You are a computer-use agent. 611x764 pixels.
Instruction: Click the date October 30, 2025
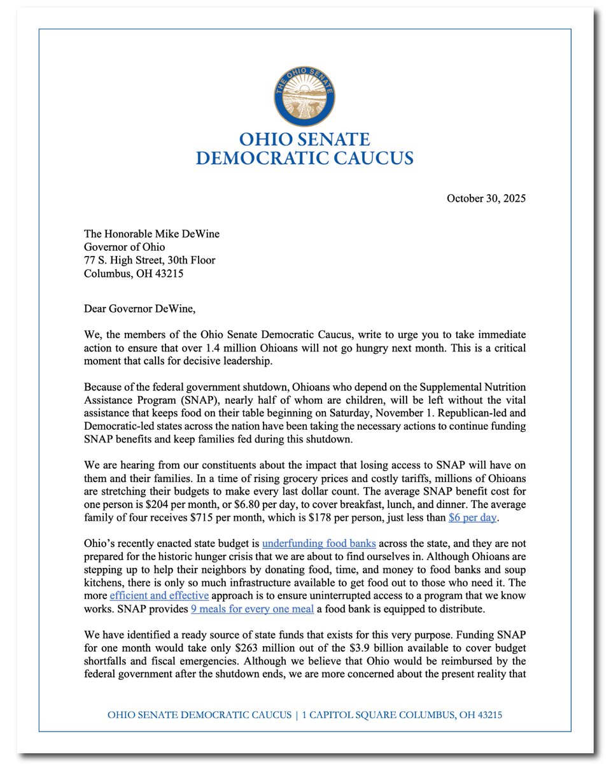pos(486,199)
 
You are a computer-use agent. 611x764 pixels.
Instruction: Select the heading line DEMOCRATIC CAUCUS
pos(304,158)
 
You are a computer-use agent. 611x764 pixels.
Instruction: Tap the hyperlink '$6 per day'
pos(472,518)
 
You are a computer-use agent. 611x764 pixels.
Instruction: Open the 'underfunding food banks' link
pos(319,544)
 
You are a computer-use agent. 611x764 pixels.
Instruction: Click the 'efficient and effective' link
pos(159,595)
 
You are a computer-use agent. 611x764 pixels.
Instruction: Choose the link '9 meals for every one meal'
pos(252,609)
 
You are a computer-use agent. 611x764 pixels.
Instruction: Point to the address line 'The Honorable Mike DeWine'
pos(151,234)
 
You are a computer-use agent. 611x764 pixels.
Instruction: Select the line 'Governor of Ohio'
pos(124,247)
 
